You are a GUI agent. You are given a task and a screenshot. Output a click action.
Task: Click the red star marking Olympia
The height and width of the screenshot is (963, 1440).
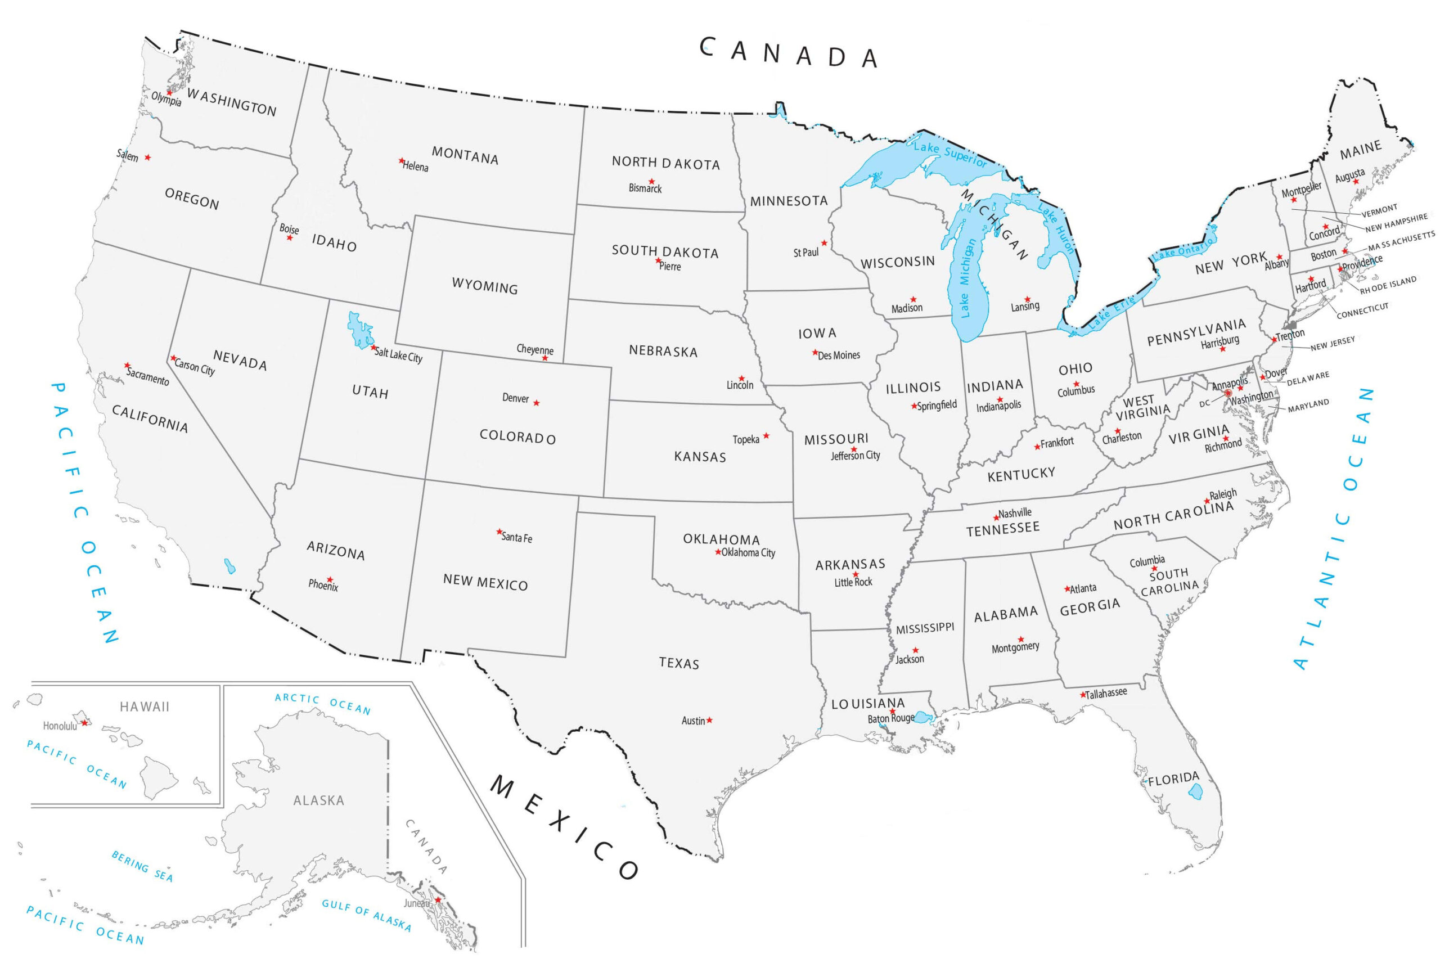169,93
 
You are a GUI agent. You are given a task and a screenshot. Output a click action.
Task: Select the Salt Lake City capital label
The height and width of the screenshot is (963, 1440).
399,355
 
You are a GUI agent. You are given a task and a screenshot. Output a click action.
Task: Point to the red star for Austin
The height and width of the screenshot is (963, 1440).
709,720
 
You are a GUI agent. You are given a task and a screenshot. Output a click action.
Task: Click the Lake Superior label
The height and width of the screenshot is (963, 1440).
950,154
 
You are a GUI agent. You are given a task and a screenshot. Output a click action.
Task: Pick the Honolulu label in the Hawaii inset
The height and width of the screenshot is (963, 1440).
60,726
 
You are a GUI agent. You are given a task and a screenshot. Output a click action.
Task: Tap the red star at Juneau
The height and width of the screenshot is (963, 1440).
438,900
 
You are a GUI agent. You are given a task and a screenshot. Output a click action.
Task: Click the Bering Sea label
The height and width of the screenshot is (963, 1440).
142,866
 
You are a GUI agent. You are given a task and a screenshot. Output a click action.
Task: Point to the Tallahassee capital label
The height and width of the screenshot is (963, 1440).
1106,693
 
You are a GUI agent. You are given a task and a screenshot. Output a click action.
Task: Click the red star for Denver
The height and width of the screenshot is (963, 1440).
537,403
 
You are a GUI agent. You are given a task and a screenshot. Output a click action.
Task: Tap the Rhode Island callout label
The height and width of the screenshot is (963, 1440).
1388,285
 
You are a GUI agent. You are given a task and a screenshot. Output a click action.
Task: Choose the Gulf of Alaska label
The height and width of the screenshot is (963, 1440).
367,914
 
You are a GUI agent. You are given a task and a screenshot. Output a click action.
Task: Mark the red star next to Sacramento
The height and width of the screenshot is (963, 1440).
127,366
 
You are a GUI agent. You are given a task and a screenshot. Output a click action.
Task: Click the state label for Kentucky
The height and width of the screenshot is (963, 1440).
1020,474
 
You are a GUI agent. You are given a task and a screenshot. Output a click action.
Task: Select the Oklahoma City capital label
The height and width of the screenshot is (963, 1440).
748,553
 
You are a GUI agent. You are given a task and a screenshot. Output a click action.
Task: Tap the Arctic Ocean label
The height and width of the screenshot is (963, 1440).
322,704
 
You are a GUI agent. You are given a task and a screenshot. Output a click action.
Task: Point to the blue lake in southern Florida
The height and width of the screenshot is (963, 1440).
1194,792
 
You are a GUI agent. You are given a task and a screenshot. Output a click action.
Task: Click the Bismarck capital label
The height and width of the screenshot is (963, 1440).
645,188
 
